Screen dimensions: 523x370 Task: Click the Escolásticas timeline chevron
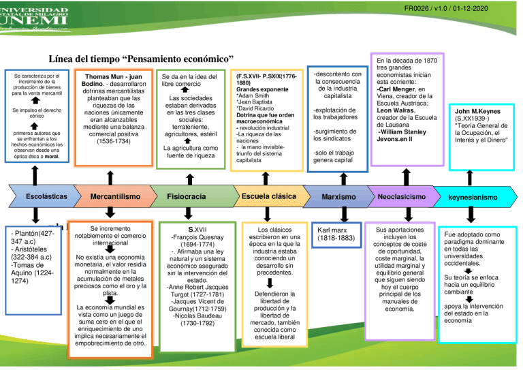(x=45, y=196)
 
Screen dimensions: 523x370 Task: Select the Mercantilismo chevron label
(x=115, y=196)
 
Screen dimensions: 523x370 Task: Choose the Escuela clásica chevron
(x=269, y=196)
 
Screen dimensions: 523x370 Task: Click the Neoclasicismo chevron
(x=402, y=197)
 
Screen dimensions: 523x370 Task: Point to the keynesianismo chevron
(x=473, y=197)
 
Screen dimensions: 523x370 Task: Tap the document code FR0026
(x=416, y=8)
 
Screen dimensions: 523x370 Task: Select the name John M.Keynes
(x=477, y=111)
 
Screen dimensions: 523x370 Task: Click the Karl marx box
(x=336, y=234)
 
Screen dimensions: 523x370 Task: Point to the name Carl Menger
(x=396, y=89)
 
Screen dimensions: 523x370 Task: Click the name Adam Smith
(x=253, y=96)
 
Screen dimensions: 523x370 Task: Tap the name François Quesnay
(x=197, y=237)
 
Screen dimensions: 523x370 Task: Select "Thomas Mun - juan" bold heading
(x=114, y=77)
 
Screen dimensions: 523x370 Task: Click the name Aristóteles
(x=30, y=249)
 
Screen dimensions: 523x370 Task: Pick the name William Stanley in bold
(x=403, y=132)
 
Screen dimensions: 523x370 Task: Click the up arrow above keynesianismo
(x=470, y=178)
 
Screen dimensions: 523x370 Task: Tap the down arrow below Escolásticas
(x=35, y=215)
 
